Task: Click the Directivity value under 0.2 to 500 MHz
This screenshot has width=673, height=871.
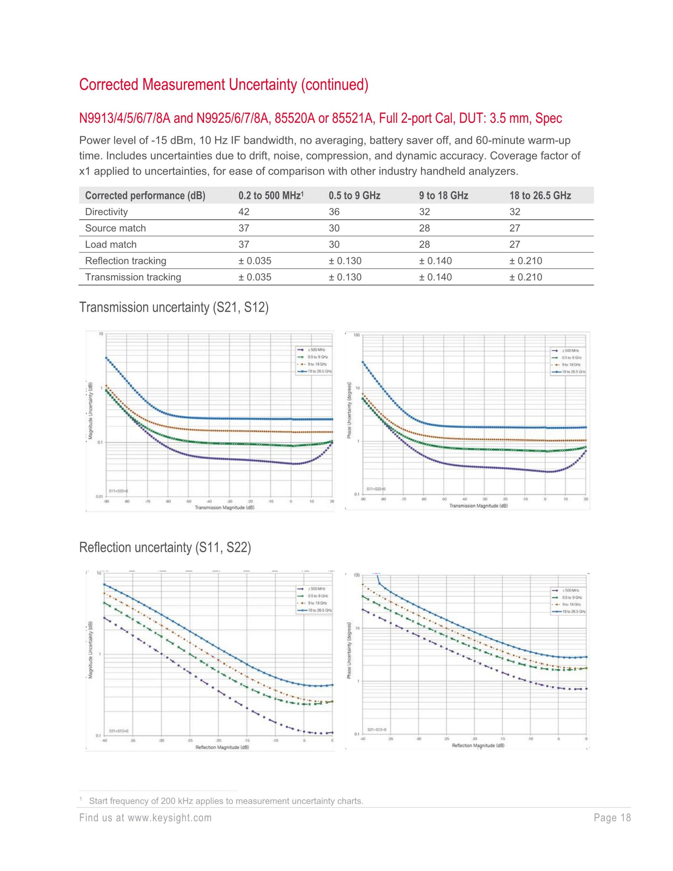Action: pyautogui.click(x=244, y=212)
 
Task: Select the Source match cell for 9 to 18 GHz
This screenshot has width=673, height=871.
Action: pyautogui.click(x=424, y=228)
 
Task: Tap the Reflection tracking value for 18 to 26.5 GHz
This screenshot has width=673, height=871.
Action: pyautogui.click(x=525, y=261)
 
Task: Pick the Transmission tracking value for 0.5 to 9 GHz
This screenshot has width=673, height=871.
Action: pyautogui.click(x=345, y=277)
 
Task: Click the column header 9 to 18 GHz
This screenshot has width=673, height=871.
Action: pyautogui.click(x=443, y=195)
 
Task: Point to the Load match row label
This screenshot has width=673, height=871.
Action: pyautogui.click(x=111, y=244)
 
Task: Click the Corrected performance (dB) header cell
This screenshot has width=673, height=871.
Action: pyautogui.click(x=145, y=195)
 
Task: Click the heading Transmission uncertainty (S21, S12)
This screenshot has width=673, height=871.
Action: pyautogui.click(x=174, y=308)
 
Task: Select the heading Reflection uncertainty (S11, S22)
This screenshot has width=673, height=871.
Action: pyautogui.click(x=165, y=548)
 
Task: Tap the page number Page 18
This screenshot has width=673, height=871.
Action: pyautogui.click(x=612, y=818)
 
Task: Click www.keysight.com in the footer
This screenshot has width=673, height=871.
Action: pyautogui.click(x=169, y=818)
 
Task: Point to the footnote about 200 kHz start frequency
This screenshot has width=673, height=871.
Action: pyautogui.click(x=226, y=801)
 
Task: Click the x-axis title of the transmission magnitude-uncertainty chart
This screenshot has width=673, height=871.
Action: pyautogui.click(x=224, y=508)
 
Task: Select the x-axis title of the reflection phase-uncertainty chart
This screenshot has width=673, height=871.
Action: pyautogui.click(x=478, y=745)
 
